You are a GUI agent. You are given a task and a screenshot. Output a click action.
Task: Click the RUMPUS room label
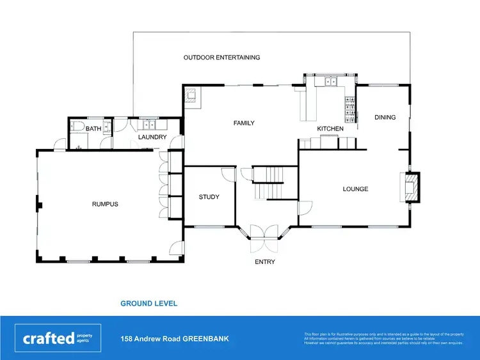[105, 204]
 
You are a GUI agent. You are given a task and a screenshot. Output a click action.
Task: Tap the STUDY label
[209, 197]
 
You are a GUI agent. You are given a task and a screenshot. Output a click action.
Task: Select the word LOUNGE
[355, 189]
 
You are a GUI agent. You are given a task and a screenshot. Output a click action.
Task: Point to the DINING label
[385, 117]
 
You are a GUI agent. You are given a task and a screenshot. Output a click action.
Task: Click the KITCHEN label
[330, 129]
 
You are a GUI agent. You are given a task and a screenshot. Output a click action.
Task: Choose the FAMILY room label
[244, 123]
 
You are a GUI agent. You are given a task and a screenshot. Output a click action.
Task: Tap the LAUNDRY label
[152, 137]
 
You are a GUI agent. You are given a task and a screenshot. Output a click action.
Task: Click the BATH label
[93, 129]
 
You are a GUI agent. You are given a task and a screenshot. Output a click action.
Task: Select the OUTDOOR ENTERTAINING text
[221, 58]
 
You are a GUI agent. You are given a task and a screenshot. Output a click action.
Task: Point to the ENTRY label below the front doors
[264, 262]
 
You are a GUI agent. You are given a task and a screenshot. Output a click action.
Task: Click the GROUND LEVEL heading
[148, 303]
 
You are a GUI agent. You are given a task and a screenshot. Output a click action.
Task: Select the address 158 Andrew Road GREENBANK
[175, 339]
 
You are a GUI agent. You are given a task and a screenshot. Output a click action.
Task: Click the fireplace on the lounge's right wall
[410, 187]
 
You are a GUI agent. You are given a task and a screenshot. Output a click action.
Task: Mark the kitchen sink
[330, 82]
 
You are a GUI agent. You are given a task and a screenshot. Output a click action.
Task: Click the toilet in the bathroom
[74, 126]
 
